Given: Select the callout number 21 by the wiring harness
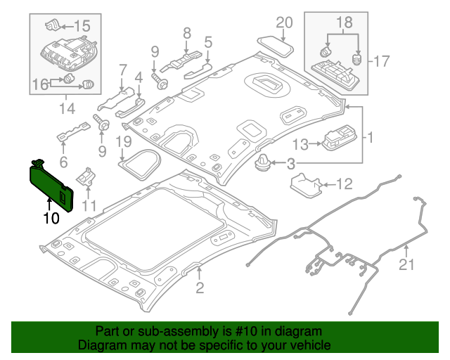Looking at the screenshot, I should [407, 264].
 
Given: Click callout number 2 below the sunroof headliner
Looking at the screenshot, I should [200, 286].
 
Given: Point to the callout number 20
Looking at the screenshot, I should [284, 22].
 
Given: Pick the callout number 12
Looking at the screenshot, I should [343, 185].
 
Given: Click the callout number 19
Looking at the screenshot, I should [124, 143].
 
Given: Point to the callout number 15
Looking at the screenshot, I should [82, 26].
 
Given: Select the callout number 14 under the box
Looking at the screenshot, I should [66, 109].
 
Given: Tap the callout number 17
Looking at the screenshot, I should [380, 61].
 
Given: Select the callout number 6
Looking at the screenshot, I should [63, 162].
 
